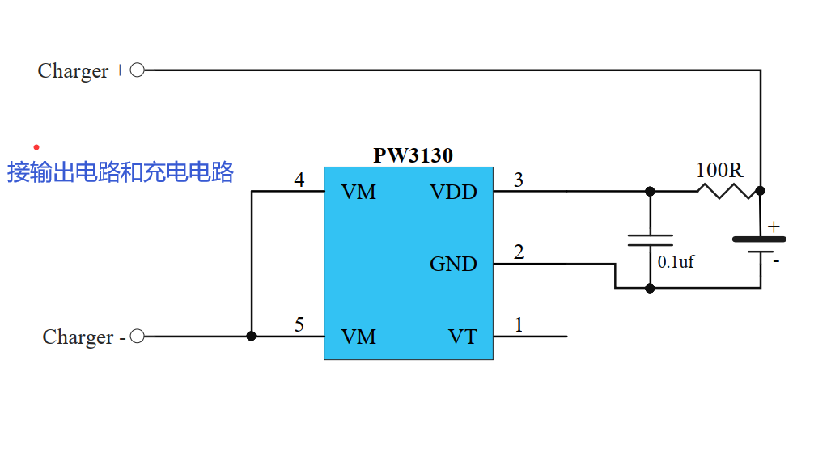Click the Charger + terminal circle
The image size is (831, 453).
tap(138, 70)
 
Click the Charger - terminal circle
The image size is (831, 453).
tap(138, 337)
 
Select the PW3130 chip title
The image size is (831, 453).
tap(413, 155)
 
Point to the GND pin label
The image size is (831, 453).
tap(453, 264)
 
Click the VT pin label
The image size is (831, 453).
tap(463, 337)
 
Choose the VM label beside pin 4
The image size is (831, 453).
tap(358, 193)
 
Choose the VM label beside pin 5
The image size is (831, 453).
tap(358, 337)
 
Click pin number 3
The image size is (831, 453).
tap(519, 180)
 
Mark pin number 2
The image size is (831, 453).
tap(519, 252)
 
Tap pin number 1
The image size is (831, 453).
tap(519, 325)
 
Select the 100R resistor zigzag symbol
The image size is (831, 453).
tap(726, 191)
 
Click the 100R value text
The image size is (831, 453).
tap(719, 171)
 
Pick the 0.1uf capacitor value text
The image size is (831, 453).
tap(676, 262)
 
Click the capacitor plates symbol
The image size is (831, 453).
tap(650, 239)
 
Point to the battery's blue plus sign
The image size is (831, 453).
tap(774, 227)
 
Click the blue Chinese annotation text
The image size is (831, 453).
tap(121, 172)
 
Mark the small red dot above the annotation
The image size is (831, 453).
tap(36, 147)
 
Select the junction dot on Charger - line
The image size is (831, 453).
tap(252, 337)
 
